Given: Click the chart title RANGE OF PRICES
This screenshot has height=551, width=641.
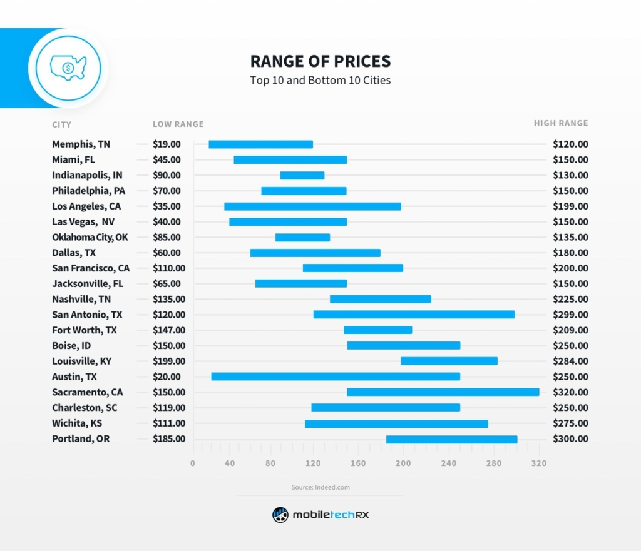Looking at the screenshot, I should pyautogui.click(x=320, y=61).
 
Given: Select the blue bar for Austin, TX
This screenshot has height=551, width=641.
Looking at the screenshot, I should pyautogui.click(x=336, y=377).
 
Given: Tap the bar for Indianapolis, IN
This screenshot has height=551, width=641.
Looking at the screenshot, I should pyautogui.click(x=302, y=175).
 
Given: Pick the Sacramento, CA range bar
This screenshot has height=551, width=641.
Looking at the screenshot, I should pyautogui.click(x=443, y=392).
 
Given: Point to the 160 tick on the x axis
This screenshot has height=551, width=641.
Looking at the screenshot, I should pyautogui.click(x=358, y=463).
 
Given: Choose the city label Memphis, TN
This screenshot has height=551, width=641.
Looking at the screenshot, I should pyautogui.click(x=81, y=144).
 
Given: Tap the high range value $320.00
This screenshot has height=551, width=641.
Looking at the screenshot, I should pyautogui.click(x=570, y=392).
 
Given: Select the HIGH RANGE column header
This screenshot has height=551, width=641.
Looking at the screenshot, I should pyautogui.click(x=561, y=123).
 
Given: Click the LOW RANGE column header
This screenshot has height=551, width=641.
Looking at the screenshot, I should pyautogui.click(x=178, y=124).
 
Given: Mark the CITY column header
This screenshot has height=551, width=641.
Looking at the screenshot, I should pyautogui.click(x=62, y=124).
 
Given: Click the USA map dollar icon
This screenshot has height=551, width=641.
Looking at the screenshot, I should pyautogui.click(x=68, y=67).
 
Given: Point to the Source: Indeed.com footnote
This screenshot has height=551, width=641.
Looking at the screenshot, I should pyautogui.click(x=320, y=487).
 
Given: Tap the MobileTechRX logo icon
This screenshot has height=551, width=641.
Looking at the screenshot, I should pyautogui.click(x=280, y=515).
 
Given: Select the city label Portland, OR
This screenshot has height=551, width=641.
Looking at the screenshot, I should pyautogui.click(x=81, y=438).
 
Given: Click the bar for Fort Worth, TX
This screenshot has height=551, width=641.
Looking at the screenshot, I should pyautogui.click(x=377, y=330).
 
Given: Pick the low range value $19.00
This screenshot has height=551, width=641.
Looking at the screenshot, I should pyautogui.click(x=167, y=144).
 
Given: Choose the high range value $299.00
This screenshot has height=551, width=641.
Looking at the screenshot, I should pyautogui.click(x=570, y=315).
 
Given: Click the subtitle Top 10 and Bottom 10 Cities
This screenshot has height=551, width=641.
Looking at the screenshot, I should pyautogui.click(x=320, y=81).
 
